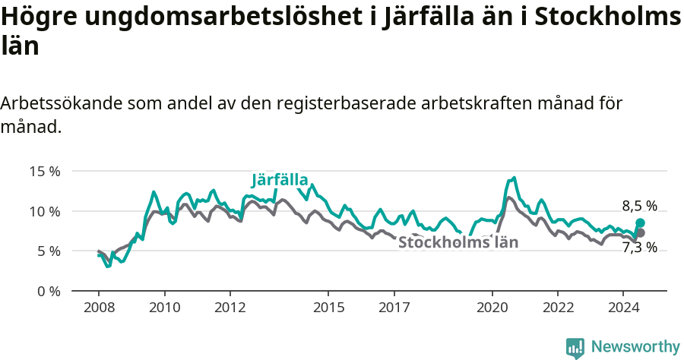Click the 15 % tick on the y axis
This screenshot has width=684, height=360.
pyautogui.click(x=44, y=171)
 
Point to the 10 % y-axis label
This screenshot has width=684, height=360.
pyautogui.click(x=44, y=211)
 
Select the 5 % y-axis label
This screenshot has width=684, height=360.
pyautogui.click(x=48, y=251)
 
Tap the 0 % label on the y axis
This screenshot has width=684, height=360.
pyautogui.click(x=48, y=291)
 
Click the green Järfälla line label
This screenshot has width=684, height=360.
pyautogui.click(x=280, y=180)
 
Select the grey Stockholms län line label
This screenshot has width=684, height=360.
pyautogui.click(x=458, y=243)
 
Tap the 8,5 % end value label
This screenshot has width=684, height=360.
pyautogui.click(x=639, y=206)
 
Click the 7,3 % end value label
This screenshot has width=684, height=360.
pyautogui.click(x=639, y=247)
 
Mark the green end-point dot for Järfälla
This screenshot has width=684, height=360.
pyautogui.click(x=640, y=223)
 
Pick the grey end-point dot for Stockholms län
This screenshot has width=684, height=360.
pyautogui.click(x=640, y=232)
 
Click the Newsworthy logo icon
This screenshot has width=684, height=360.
pyautogui.click(x=575, y=348)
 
